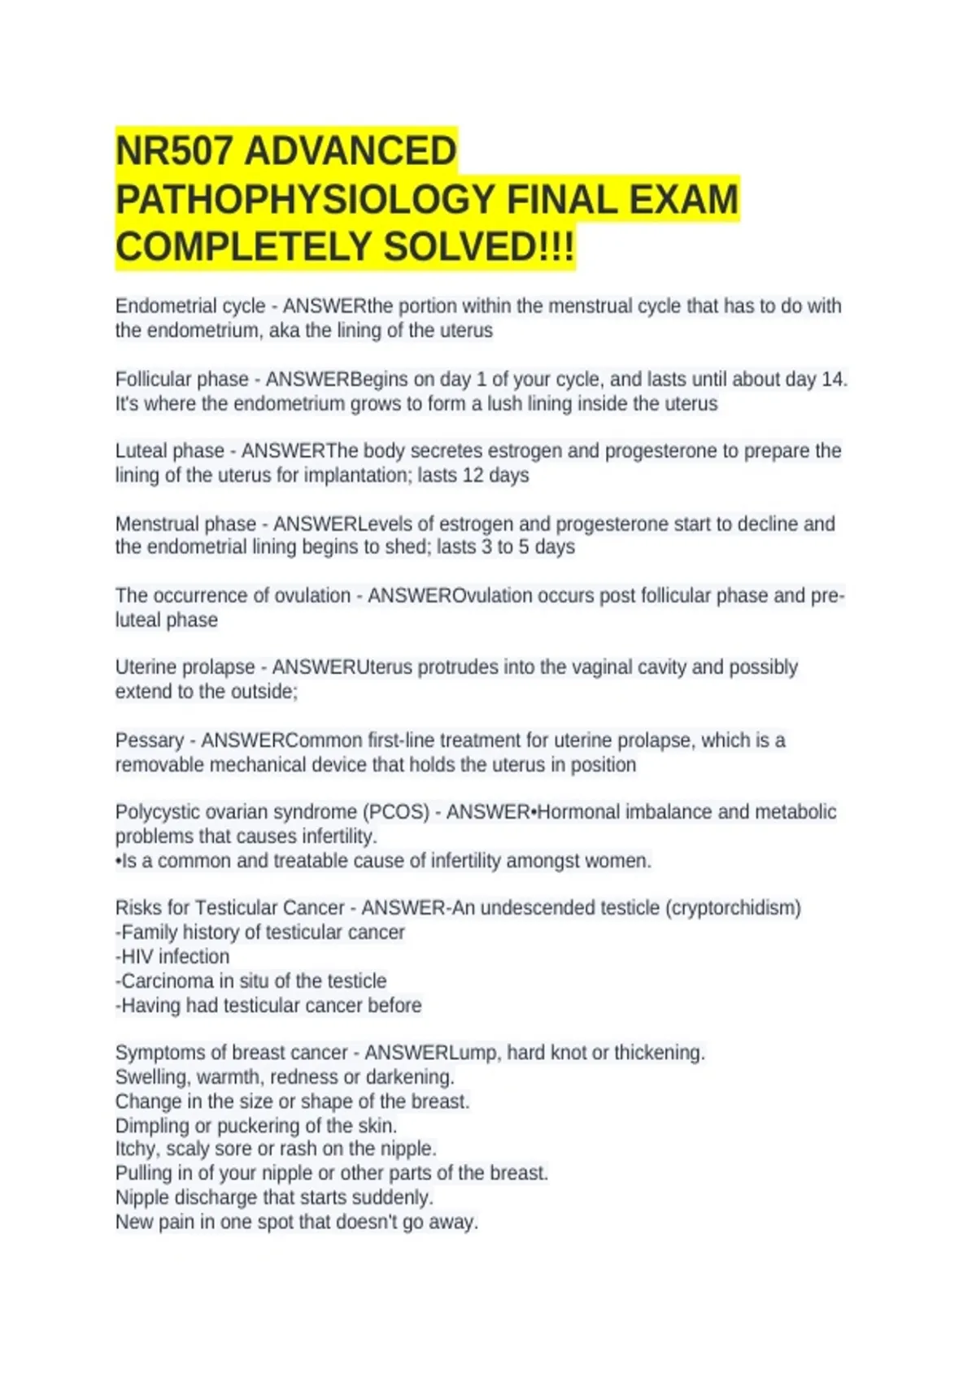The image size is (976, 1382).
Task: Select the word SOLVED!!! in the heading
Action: pyautogui.click(x=478, y=247)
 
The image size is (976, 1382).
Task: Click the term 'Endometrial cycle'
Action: pyautogui.click(x=190, y=306)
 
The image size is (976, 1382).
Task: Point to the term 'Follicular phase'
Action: pyautogui.click(x=182, y=380)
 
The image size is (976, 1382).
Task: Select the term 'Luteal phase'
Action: pyautogui.click(x=170, y=451)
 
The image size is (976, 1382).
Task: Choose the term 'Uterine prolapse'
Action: pyautogui.click(x=185, y=667)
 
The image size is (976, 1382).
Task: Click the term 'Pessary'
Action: pyautogui.click(x=150, y=741)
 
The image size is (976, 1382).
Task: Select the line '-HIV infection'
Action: pyautogui.click(x=172, y=957)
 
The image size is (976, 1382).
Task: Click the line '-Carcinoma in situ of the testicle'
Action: pyautogui.click(x=251, y=981)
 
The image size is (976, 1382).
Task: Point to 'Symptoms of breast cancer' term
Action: pyautogui.click(x=231, y=1053)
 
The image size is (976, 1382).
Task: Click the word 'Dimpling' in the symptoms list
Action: pyautogui.click(x=152, y=1126)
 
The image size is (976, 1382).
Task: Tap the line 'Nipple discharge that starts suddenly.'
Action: pyautogui.click(x=274, y=1197)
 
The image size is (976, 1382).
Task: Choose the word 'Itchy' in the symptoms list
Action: pyautogui.click(x=137, y=1149)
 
